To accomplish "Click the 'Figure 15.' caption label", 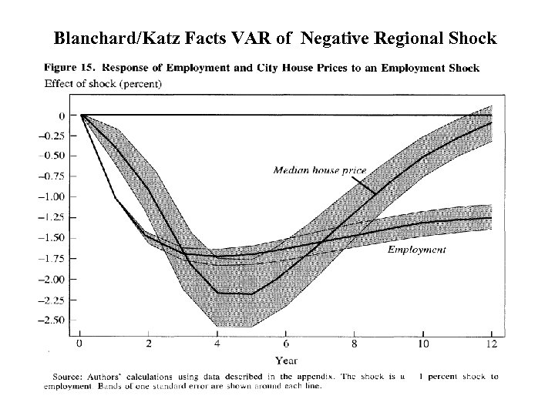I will [72, 68].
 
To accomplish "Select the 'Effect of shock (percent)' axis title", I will [103, 83].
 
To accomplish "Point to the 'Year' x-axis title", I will [286, 360].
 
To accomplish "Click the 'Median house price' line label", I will [319, 169].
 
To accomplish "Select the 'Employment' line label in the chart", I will [416, 250].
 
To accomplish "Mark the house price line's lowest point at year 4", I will [217, 293].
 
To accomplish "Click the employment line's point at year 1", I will [115, 198].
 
